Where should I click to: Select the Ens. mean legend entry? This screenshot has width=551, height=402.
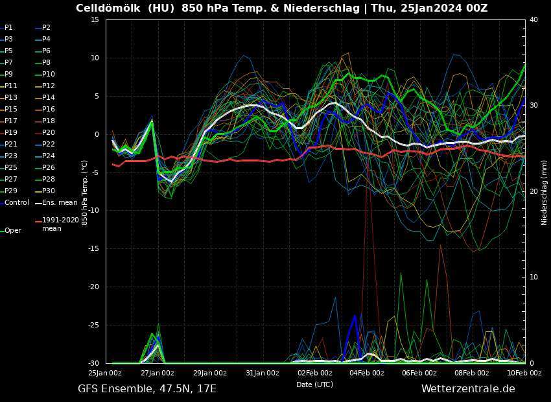pyautogui.click(x=59, y=202)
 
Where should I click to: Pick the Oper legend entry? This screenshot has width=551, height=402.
pyautogui.click(x=13, y=230)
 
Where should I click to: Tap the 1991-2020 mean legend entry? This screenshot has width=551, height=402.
pyautogui.click(x=60, y=224)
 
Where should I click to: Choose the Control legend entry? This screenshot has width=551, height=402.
pyautogui.click(x=17, y=202)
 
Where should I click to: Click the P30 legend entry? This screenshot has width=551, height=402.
pyautogui.click(x=49, y=191)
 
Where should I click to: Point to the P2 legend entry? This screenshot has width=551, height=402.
pyautogui.click(x=46, y=27)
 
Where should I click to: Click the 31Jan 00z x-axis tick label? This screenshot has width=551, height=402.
pyautogui.click(x=263, y=373)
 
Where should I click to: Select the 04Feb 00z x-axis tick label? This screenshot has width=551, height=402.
pyautogui.click(x=368, y=373)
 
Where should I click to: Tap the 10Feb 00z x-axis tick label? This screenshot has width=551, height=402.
pyautogui.click(x=524, y=373)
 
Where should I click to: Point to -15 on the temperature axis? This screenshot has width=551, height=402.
pyautogui.click(x=94, y=248)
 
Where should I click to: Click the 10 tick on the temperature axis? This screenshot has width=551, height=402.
pyautogui.click(x=94, y=58)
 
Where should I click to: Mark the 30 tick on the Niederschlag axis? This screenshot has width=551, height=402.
pyautogui.click(x=533, y=105)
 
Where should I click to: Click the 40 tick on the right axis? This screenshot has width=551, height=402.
pyautogui.click(x=533, y=19)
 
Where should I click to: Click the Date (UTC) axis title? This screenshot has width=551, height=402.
pyautogui.click(x=314, y=384)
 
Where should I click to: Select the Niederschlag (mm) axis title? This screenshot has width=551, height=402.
pyautogui.click(x=545, y=193)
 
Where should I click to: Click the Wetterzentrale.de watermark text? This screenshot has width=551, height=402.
pyautogui.click(x=468, y=388)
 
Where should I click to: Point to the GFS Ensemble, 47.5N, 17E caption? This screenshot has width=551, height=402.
pyautogui.click(x=147, y=388)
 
